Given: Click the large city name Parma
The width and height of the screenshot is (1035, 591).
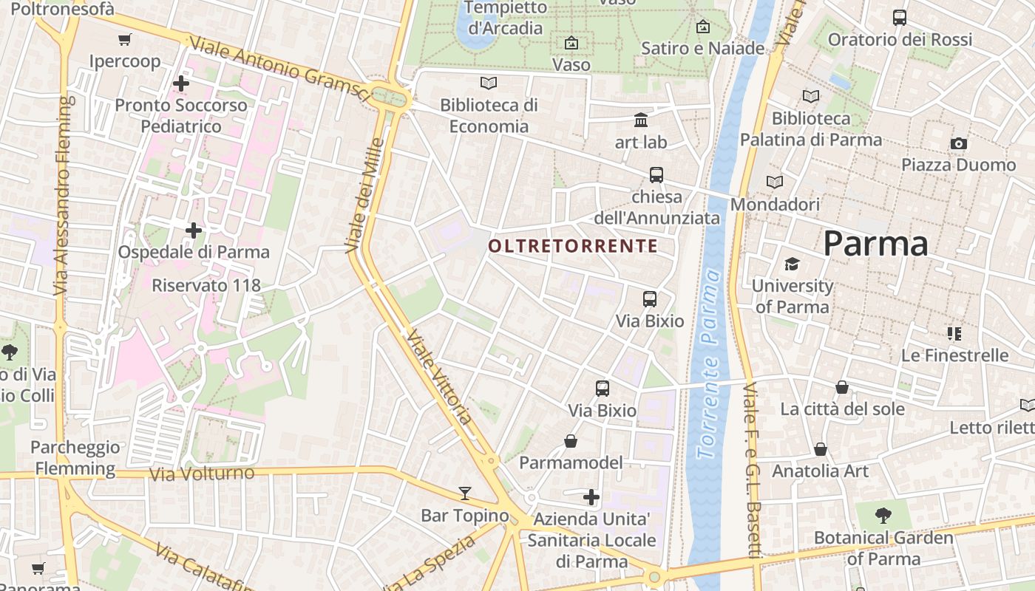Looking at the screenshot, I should [875, 244].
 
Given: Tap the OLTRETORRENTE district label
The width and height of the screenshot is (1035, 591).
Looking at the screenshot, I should [573, 246].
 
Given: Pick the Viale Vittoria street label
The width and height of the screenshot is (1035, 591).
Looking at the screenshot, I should [438, 377].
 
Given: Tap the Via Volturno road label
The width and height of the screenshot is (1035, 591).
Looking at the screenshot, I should [202, 473].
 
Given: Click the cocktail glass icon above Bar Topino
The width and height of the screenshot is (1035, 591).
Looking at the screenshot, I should [465, 493].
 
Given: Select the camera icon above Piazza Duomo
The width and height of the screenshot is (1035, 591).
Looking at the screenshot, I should [958, 143].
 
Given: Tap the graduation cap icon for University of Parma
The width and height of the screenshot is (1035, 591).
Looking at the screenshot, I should [792, 264].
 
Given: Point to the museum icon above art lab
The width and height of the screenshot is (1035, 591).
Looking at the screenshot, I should [641, 120].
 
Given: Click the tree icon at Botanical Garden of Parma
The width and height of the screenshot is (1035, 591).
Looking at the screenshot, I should [883, 515].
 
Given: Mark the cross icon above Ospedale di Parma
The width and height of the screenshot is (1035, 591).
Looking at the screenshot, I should [194, 230].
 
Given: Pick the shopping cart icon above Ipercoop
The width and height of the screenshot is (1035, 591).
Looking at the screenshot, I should [125, 39].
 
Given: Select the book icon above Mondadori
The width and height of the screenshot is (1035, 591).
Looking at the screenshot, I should [775, 182].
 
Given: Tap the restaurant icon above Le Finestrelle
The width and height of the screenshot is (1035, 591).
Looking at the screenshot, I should [954, 334].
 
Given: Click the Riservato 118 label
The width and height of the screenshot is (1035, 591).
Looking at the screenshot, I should [206, 285].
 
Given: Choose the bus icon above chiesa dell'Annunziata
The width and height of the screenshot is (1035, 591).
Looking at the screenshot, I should [656, 175].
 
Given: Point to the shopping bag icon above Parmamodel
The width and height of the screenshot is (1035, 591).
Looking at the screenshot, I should [571, 441].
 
